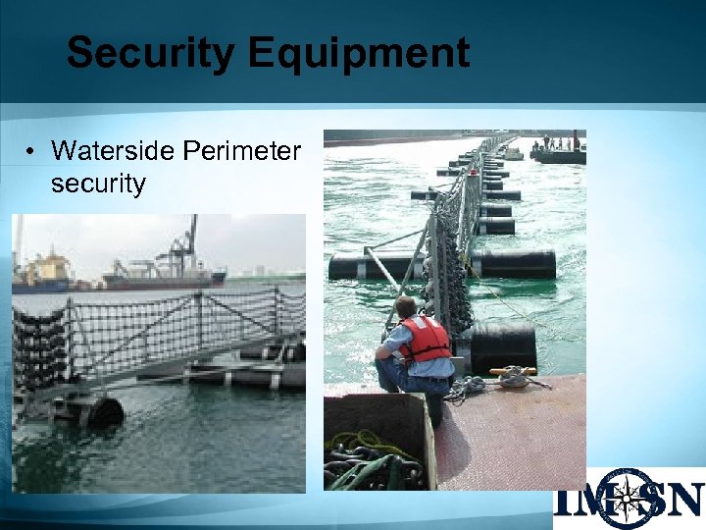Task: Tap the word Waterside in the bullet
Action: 109,151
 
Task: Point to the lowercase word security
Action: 97,183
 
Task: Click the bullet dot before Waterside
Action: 32,152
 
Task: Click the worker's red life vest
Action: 425,339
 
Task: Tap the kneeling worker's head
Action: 406,307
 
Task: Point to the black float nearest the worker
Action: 503,346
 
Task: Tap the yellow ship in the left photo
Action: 44,270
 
